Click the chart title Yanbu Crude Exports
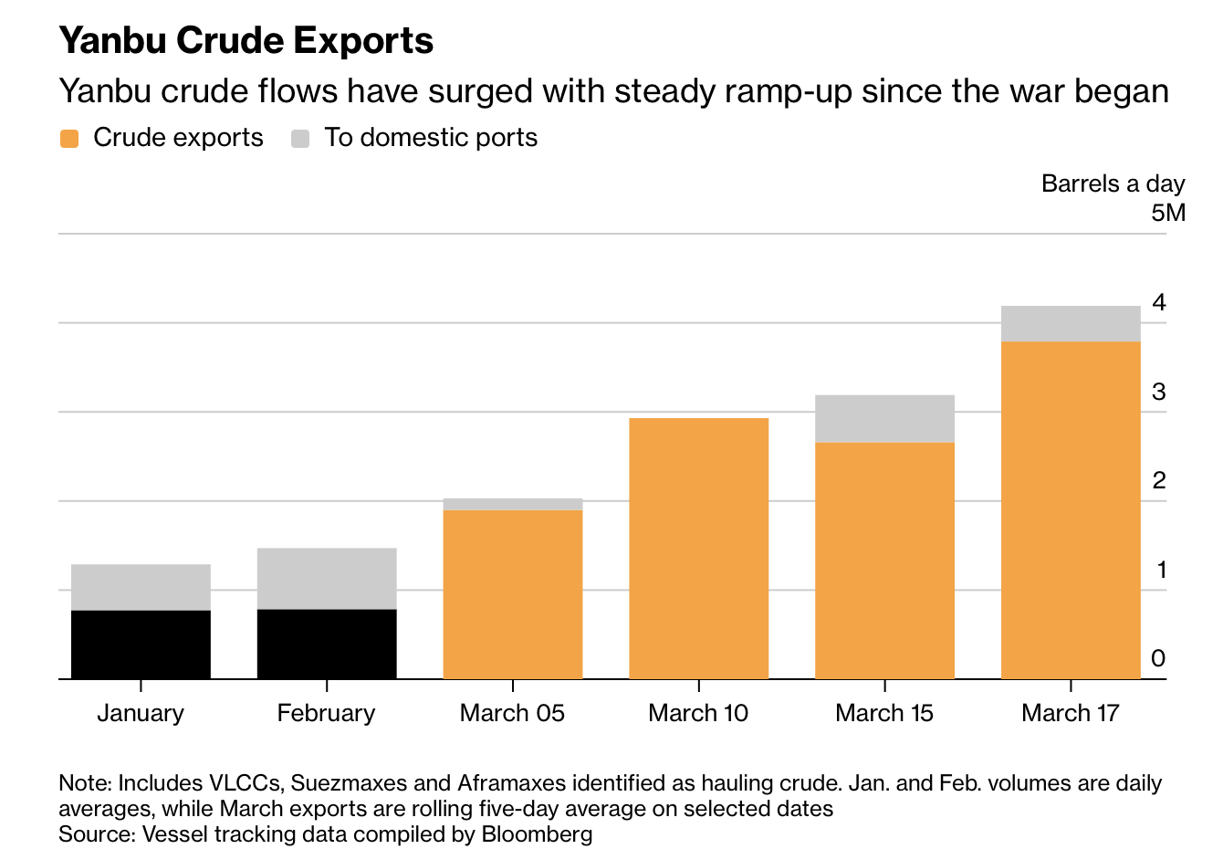246,41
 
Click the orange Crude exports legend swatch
69,139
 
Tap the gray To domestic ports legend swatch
300,139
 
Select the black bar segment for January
141,645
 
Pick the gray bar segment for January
141,587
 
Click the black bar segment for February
327,644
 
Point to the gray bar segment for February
327,578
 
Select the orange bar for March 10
699,548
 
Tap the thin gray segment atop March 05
513,504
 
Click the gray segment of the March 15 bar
884,419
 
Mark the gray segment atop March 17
1071,324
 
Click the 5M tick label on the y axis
1167,214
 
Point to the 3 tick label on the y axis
1159,392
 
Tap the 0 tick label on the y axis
1159,658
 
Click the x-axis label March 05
512,713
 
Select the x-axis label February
326,713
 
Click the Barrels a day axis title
1113,183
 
